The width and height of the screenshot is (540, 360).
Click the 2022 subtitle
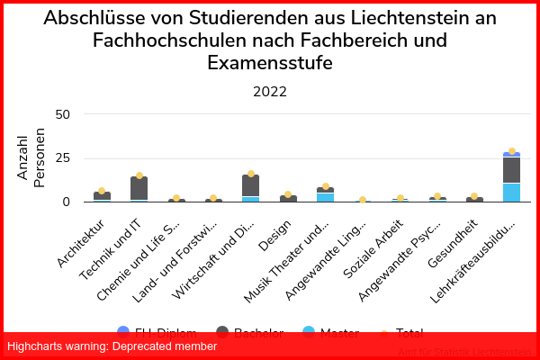pyautogui.click(x=270, y=92)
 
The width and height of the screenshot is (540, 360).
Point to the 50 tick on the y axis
pyautogui.click(x=62, y=114)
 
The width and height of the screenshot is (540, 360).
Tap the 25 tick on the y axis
pyautogui.click(x=62, y=158)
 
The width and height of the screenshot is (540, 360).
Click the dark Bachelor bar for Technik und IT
pyautogui.click(x=139, y=188)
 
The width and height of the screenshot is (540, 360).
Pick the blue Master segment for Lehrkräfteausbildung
pyautogui.click(x=511, y=193)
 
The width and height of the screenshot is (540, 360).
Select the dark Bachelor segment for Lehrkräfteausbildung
pyautogui.click(x=511, y=170)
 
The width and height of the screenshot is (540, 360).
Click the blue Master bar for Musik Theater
pyautogui.click(x=325, y=197)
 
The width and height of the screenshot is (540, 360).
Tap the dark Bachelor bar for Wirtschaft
pyautogui.click(x=250, y=185)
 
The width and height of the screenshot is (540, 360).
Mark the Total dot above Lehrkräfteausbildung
pyautogui.click(x=511, y=151)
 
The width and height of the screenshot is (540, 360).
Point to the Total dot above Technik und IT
pyautogui.click(x=139, y=175)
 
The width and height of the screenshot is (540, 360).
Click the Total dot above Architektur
pyautogui.click(x=102, y=191)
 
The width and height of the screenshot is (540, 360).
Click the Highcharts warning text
pyautogui.click(x=112, y=346)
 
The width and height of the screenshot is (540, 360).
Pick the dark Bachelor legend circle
pyautogui.click(x=222, y=332)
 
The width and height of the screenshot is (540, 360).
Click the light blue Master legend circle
pyautogui.click(x=309, y=332)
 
